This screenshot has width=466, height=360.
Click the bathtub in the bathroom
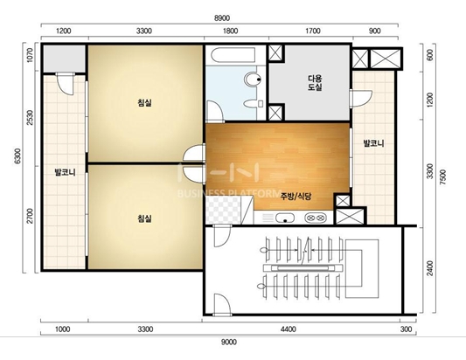click(x=233, y=55)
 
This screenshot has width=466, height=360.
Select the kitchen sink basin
click(x=285, y=218)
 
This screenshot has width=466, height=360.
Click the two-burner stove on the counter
click(x=315, y=218)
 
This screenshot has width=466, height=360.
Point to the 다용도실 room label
click(x=315, y=83)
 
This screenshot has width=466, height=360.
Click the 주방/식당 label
click(x=296, y=196)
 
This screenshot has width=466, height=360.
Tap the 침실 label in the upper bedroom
click(x=145, y=103)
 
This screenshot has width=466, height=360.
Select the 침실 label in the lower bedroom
click(x=145, y=219)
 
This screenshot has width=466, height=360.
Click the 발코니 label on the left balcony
click(x=65, y=172)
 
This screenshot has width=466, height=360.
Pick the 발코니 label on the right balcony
click(x=373, y=143)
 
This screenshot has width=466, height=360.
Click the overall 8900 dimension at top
click(x=222, y=18)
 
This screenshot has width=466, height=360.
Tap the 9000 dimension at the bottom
click(x=229, y=343)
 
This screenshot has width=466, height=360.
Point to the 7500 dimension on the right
click(x=442, y=177)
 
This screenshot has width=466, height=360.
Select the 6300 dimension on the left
click(x=17, y=156)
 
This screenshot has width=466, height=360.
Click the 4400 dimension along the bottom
click(x=288, y=329)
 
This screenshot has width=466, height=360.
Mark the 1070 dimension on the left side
click(x=30, y=56)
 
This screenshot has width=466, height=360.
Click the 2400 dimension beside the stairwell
click(x=430, y=268)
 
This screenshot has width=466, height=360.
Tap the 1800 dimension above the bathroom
click(x=230, y=31)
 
